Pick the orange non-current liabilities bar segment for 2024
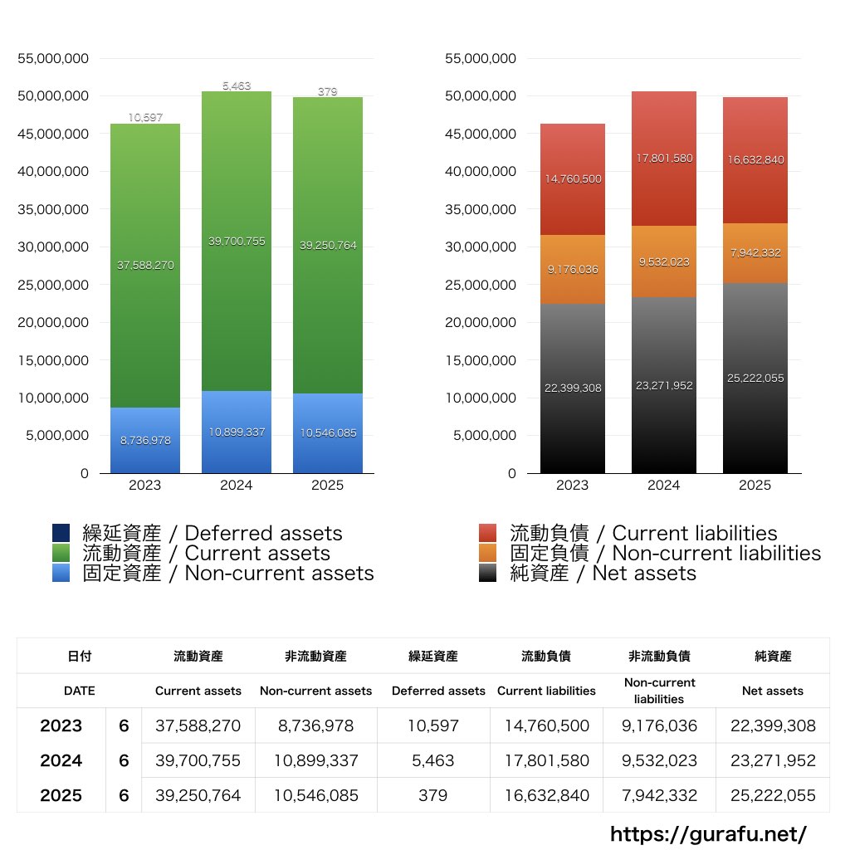(663, 261)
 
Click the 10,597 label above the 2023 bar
(144, 118)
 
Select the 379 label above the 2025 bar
(327, 91)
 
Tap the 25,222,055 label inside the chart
(755, 379)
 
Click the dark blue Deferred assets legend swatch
(61, 534)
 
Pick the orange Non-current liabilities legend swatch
(488, 554)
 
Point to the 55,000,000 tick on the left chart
(53, 59)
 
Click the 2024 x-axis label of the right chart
(663, 486)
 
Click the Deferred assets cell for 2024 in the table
(432, 760)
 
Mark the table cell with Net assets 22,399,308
(773, 725)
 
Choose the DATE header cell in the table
(79, 690)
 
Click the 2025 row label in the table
(61, 795)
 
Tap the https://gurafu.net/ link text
(708, 833)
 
